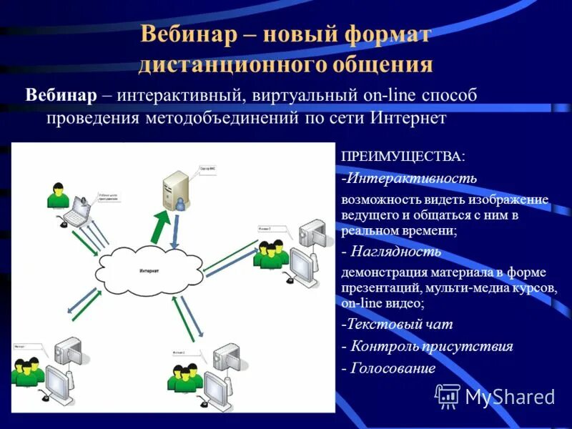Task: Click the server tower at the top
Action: (171, 187)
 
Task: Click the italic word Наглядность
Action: (400, 252)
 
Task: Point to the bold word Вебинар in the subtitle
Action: (61, 95)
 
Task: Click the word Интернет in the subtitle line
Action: (409, 117)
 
